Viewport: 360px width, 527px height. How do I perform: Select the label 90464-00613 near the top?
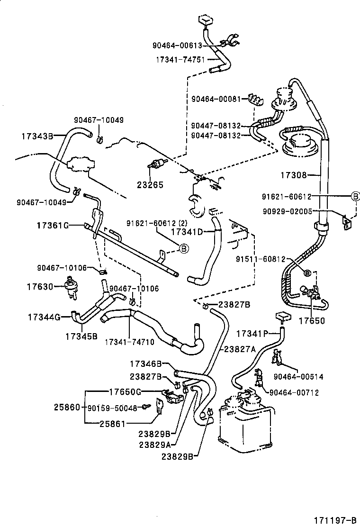click(177, 45)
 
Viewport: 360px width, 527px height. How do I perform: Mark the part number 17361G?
click(53, 225)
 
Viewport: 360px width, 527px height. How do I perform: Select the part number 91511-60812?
click(261, 259)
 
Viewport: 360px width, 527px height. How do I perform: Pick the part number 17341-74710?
click(129, 341)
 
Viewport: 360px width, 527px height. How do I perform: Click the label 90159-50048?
click(111, 408)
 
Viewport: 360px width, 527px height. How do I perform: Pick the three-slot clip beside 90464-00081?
click(256, 100)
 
